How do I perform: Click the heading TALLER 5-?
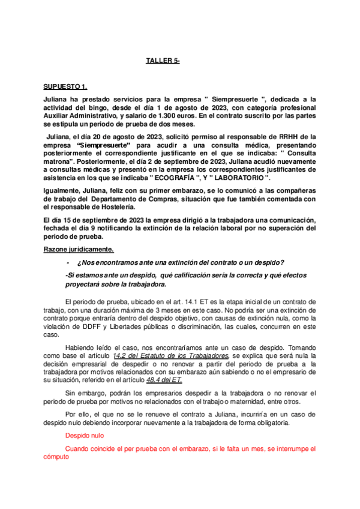(163, 61)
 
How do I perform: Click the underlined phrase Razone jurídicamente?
(79, 248)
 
